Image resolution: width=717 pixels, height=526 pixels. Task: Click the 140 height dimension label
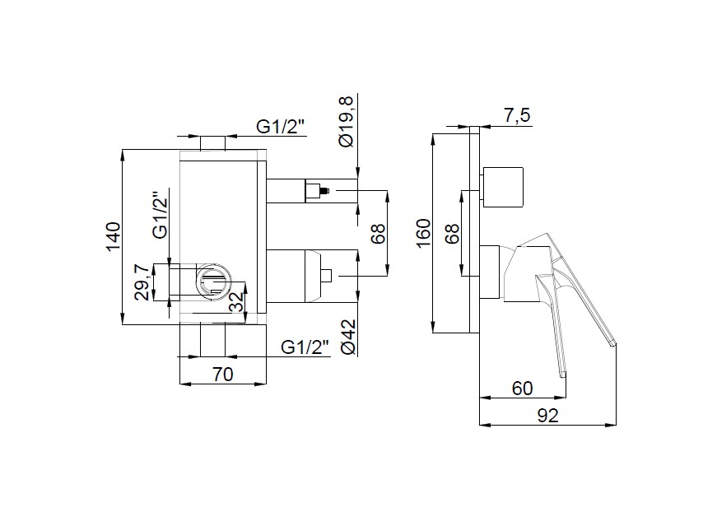pos(114,236)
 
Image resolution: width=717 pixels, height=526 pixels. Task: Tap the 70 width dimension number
pos(222,374)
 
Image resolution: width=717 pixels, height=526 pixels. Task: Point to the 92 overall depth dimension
pos(547,415)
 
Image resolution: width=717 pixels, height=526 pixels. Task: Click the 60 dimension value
pos(522,388)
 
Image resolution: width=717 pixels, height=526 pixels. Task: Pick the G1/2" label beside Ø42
pos(305,347)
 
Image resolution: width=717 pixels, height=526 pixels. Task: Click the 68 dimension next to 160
pos(451,235)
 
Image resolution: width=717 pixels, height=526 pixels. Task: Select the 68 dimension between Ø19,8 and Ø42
pos(377,235)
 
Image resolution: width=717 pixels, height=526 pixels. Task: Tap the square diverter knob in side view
pos(502,186)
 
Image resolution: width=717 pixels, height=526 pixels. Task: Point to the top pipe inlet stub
pos(213,143)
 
